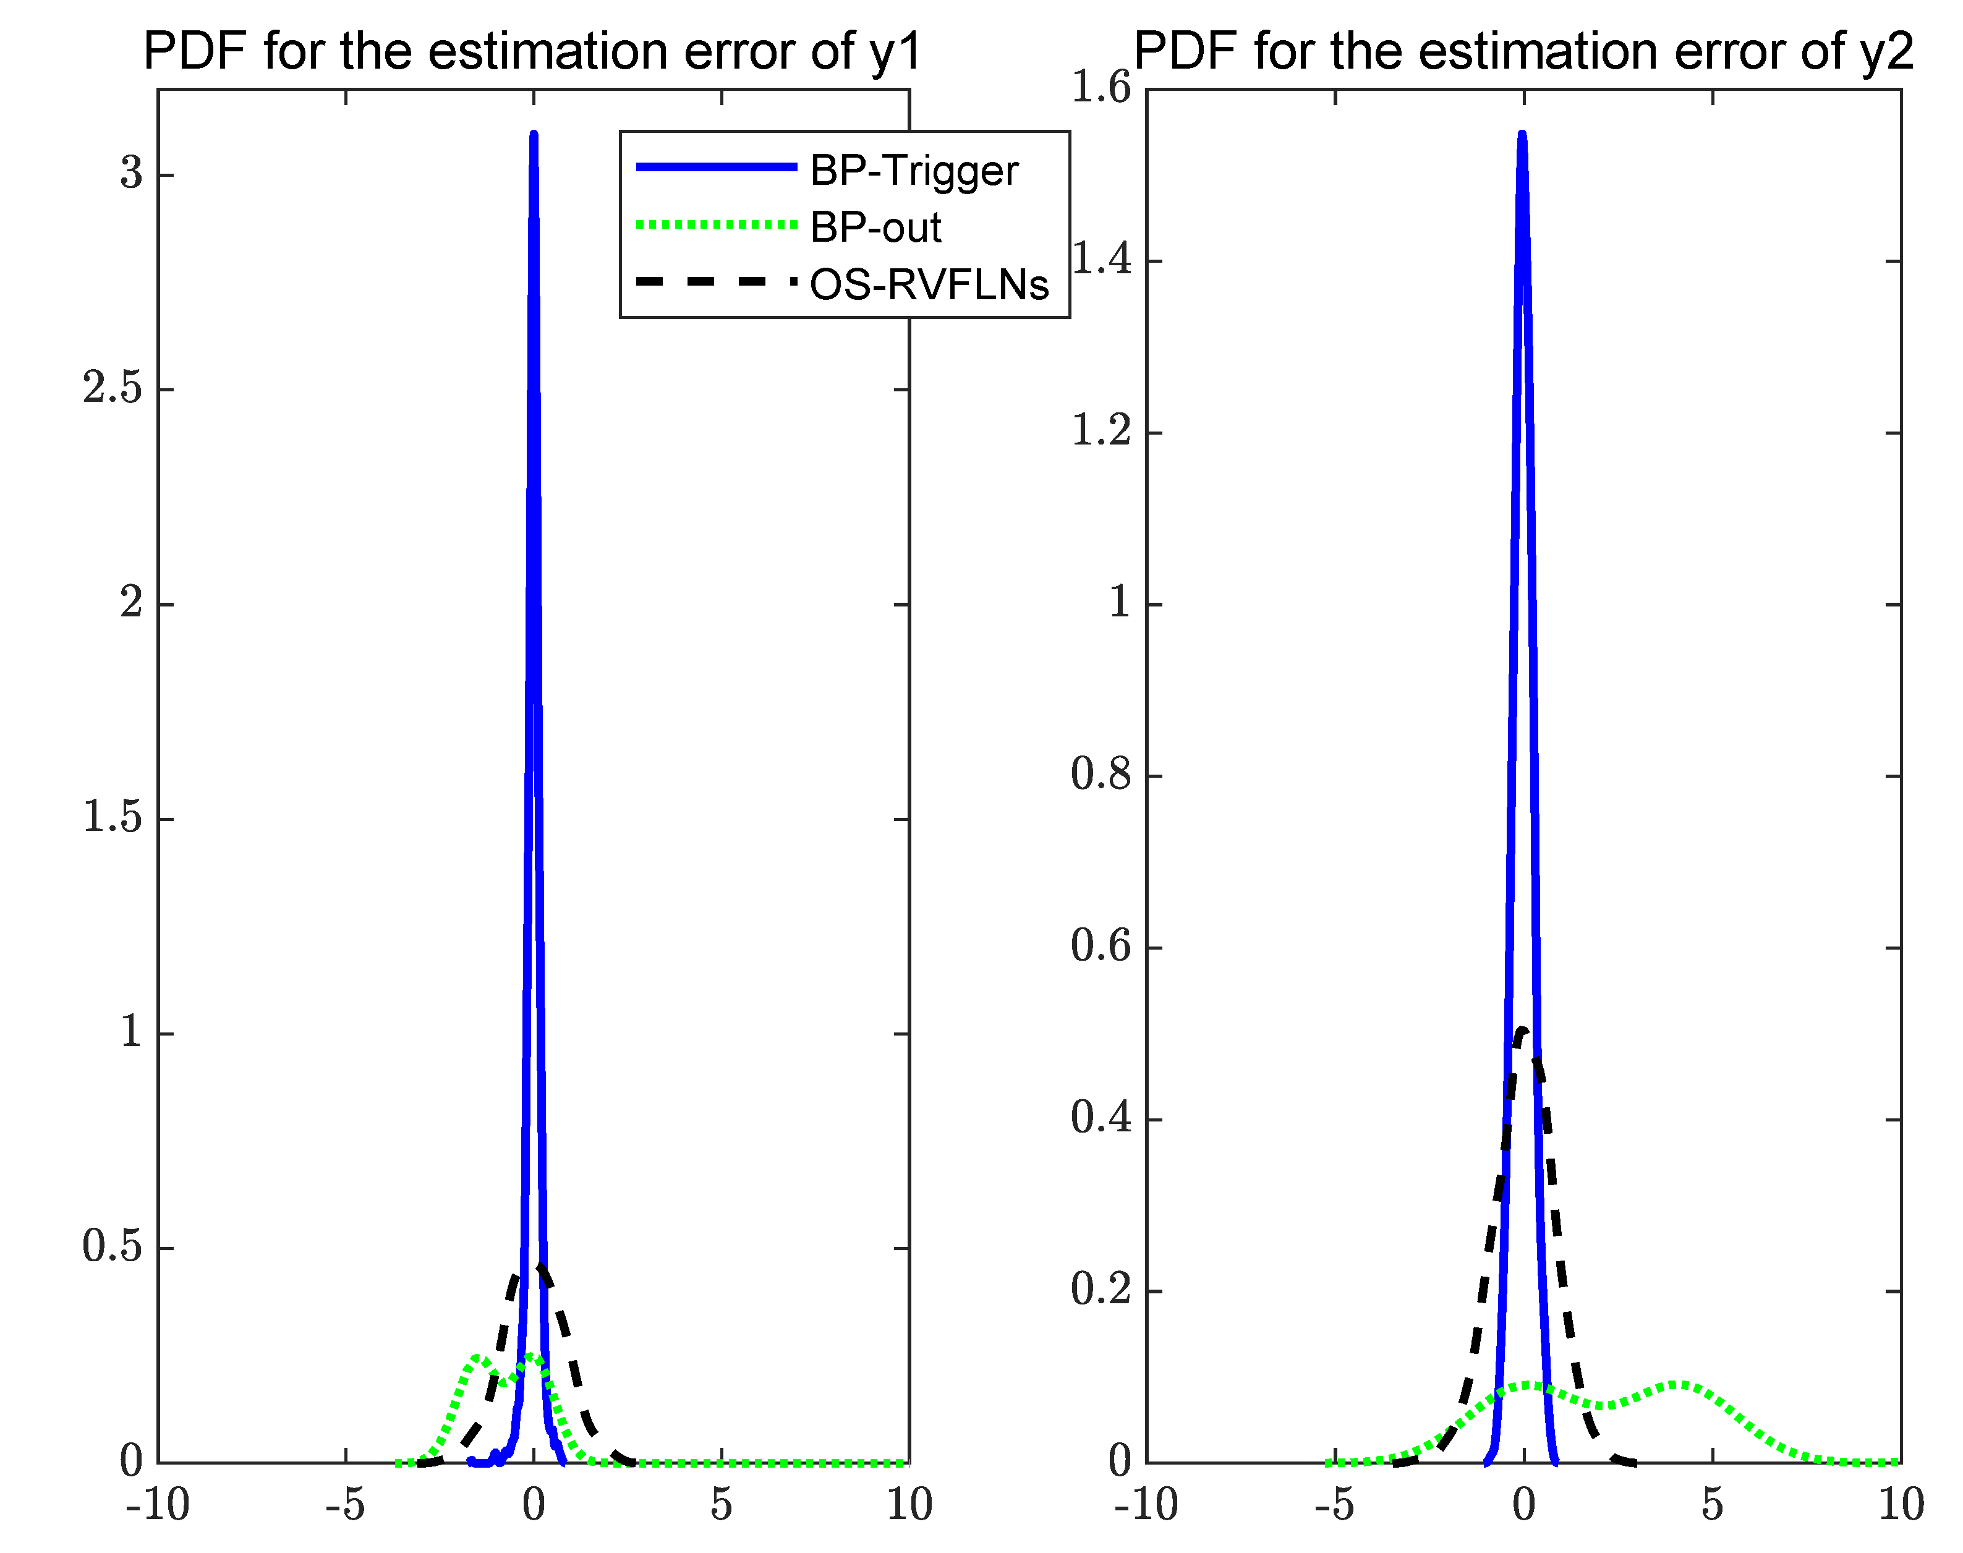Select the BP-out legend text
(875, 228)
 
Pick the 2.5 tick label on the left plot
(113, 388)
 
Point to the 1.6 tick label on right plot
(1101, 88)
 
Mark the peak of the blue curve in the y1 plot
(534, 135)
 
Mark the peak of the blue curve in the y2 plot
(1522, 135)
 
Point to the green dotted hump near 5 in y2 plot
(1677, 1385)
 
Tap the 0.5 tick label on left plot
(113, 1246)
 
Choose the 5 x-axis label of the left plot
(721, 1505)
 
